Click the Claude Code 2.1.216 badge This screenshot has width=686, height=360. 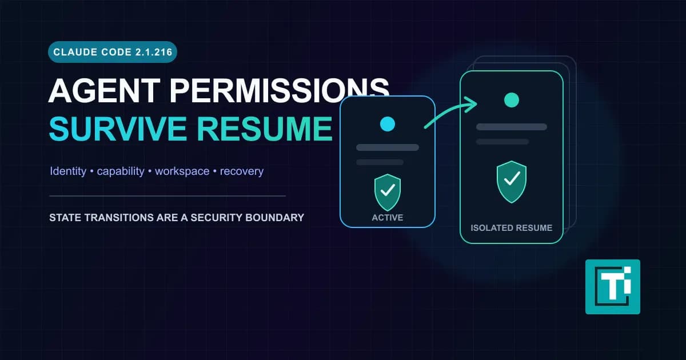point(113,52)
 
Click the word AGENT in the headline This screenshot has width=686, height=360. point(105,91)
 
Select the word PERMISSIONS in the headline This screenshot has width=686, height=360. point(279,91)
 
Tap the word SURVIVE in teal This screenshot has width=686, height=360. point(118,129)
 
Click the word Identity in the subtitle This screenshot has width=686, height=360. point(68,171)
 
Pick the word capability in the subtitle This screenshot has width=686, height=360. point(121,171)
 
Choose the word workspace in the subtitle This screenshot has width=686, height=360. point(182,171)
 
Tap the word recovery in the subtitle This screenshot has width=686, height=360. point(242,171)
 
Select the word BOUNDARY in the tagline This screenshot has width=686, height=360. point(275,218)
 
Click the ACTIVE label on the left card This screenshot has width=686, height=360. point(388,218)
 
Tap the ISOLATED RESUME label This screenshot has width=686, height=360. point(512,228)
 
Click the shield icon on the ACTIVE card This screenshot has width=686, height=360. point(388,192)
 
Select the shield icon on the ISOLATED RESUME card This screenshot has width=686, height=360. point(512,182)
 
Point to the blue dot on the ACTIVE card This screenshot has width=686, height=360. point(388,124)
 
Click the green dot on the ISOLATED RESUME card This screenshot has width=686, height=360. point(512,100)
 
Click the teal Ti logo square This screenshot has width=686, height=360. point(612,287)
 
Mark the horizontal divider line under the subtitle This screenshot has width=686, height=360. point(167,196)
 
